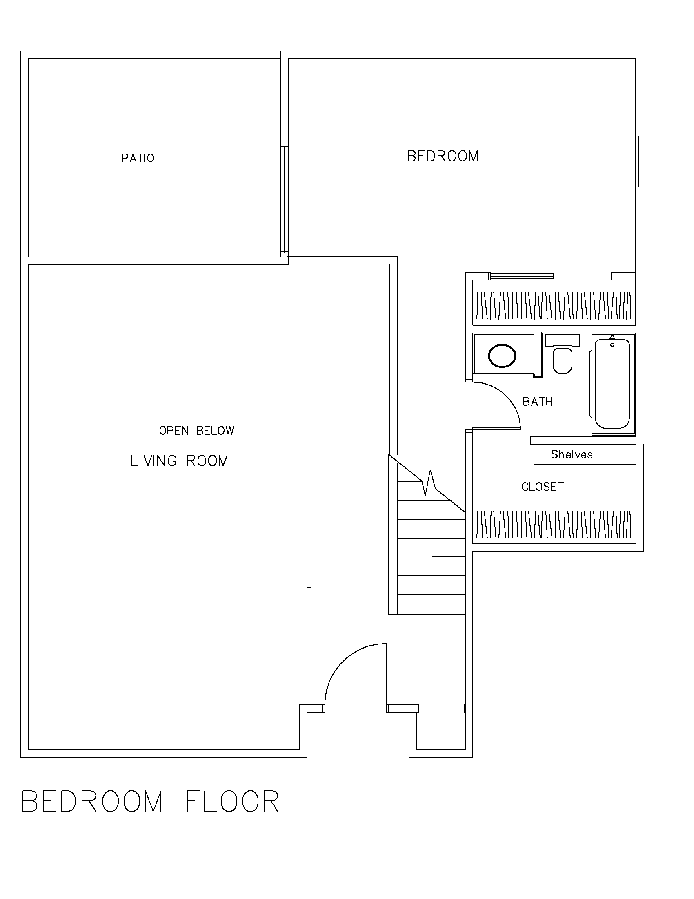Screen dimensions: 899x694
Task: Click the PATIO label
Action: (x=138, y=158)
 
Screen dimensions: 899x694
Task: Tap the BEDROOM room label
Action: (x=443, y=157)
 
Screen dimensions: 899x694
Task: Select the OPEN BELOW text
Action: (x=196, y=431)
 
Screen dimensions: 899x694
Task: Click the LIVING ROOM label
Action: (x=179, y=461)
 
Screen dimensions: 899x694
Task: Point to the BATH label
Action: (x=537, y=402)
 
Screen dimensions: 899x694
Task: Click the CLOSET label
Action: (x=542, y=487)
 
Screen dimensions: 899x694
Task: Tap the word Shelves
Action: (x=572, y=454)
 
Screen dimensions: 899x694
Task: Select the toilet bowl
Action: (x=562, y=361)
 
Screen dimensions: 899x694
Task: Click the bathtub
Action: (x=612, y=384)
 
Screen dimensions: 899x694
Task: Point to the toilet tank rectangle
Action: (x=562, y=340)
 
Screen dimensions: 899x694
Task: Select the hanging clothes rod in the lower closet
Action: (x=554, y=524)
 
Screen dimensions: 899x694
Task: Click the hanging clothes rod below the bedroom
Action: (x=554, y=305)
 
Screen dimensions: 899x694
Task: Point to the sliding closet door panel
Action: (x=522, y=276)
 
